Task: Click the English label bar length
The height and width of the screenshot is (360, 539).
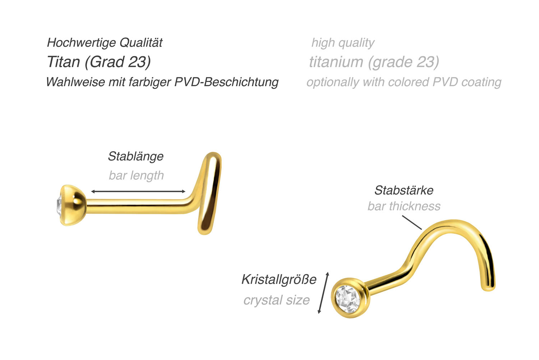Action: pos(136,176)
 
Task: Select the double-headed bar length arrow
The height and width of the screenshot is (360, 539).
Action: pos(138,191)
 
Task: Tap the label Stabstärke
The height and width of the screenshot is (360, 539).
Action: pos(404,190)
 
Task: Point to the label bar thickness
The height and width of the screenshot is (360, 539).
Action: pos(404,206)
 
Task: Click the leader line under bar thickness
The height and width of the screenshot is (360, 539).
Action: pos(412,223)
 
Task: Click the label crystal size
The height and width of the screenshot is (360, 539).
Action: pos(276,300)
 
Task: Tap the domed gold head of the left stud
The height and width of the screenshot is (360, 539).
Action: pos(72,205)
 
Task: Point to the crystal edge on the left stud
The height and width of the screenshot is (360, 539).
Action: pos(59,205)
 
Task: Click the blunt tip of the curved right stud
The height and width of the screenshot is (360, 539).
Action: pos(488,288)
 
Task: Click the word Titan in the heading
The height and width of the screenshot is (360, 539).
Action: pos(63,62)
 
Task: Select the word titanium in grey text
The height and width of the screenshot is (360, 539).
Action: pos(336,62)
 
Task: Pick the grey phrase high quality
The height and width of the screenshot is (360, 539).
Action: pos(343,43)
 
